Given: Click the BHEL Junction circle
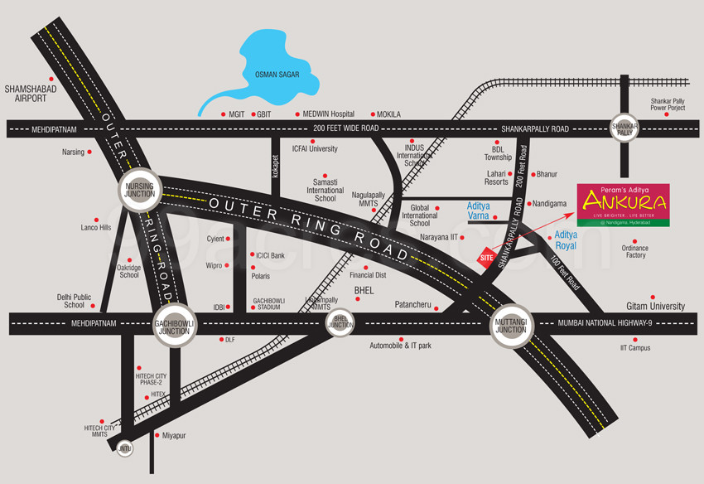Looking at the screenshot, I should pyautogui.click(x=340, y=322).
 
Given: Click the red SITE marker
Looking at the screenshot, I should pyautogui.click(x=487, y=259).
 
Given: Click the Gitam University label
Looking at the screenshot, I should pyautogui.click(x=654, y=306).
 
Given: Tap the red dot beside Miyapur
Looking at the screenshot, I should pyautogui.click(x=157, y=435).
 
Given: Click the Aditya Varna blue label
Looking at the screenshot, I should pyautogui.click(x=486, y=211).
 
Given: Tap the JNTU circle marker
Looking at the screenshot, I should pyautogui.click(x=125, y=449).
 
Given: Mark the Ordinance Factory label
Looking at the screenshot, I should pyautogui.click(x=634, y=252).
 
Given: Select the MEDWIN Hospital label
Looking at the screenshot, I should pyautogui.click(x=329, y=114).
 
